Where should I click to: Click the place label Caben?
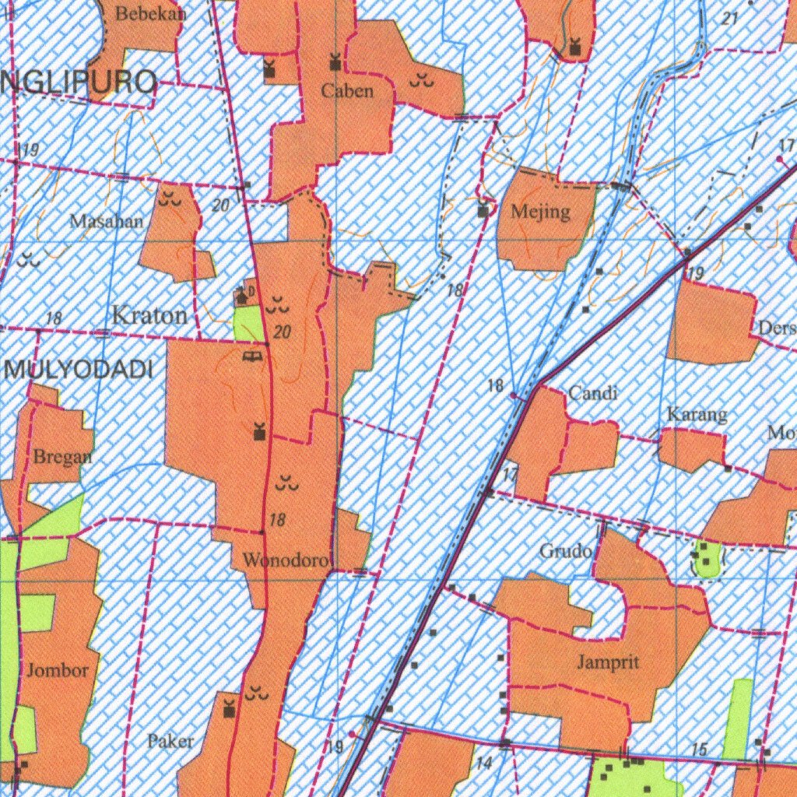(x=347, y=91)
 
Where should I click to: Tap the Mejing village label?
(x=541, y=212)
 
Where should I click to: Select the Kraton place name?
(x=150, y=316)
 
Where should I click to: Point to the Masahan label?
(x=107, y=221)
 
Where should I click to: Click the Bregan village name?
(x=62, y=457)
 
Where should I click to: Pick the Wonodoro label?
(x=287, y=560)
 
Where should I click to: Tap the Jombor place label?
(x=58, y=670)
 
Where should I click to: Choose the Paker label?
(x=170, y=741)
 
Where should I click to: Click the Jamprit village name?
(x=609, y=662)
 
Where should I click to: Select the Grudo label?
(x=566, y=552)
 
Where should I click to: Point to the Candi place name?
(x=593, y=394)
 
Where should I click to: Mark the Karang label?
(x=697, y=415)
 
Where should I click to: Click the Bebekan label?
(x=140, y=14)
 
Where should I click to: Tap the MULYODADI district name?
(x=79, y=370)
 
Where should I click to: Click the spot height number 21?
(x=729, y=19)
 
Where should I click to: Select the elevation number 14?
(x=484, y=764)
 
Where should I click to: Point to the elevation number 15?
(x=699, y=750)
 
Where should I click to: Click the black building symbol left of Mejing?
(x=484, y=210)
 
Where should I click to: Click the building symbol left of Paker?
(x=229, y=709)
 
